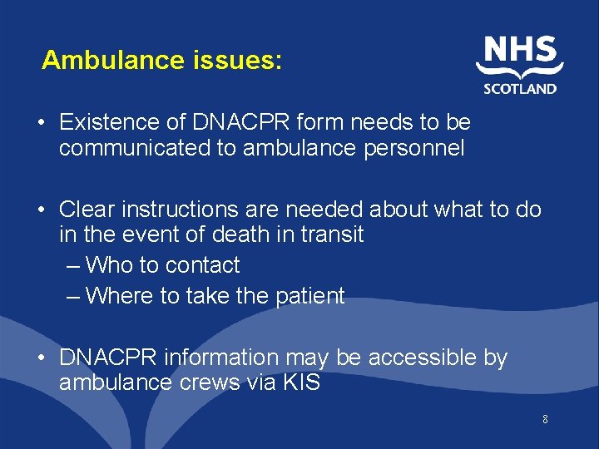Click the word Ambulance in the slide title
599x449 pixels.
101,61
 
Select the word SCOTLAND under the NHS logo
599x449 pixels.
520,88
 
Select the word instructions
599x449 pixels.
186,210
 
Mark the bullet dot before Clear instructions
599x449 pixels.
42,210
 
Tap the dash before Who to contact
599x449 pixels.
73,266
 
